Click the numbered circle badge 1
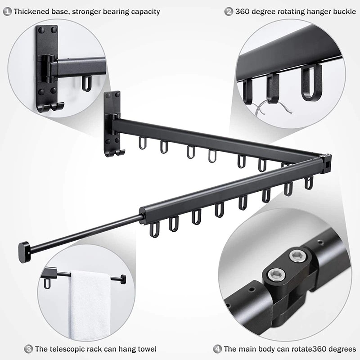coord(7,12)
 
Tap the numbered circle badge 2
coord(229,12)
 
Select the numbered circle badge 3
coord(28,349)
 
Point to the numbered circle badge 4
coord(217,349)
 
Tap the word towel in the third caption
coord(147,349)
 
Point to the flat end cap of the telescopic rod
coord(24,252)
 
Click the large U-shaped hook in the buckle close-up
coord(312,83)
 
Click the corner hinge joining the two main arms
coord(325,163)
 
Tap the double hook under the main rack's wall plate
coord(115,153)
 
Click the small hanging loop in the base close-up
coord(87,84)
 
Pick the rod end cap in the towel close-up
coord(123,279)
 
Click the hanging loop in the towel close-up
coord(47,284)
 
